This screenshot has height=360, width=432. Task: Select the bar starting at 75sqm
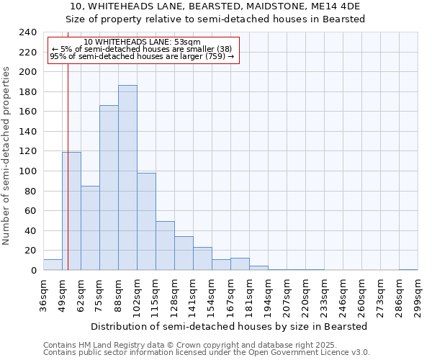point(109,188)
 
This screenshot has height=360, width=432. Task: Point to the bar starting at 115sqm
point(165,246)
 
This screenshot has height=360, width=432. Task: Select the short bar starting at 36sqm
point(53,265)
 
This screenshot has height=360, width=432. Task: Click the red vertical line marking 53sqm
point(68,180)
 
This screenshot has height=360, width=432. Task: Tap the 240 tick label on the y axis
point(27,32)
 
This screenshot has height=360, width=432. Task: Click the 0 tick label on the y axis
point(33,271)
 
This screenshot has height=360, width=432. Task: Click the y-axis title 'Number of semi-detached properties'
point(6,156)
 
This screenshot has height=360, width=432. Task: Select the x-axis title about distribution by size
point(229,326)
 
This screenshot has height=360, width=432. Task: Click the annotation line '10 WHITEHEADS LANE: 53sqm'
point(142,42)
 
